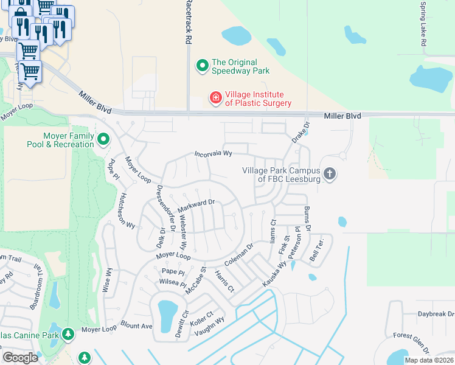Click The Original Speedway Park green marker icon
(202, 65)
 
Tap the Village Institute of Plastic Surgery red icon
(215, 97)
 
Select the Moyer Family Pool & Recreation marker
(103, 140)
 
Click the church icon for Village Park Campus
(330, 175)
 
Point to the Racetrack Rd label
(189, 23)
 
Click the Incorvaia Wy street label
(214, 155)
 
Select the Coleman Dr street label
(238, 257)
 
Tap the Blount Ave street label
(136, 325)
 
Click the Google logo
(21, 358)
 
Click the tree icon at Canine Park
(68, 334)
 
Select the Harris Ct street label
(224, 282)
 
